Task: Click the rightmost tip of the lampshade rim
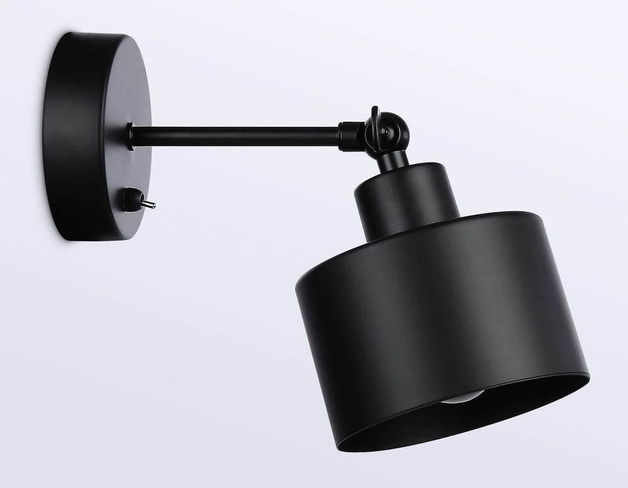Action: (590, 376)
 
